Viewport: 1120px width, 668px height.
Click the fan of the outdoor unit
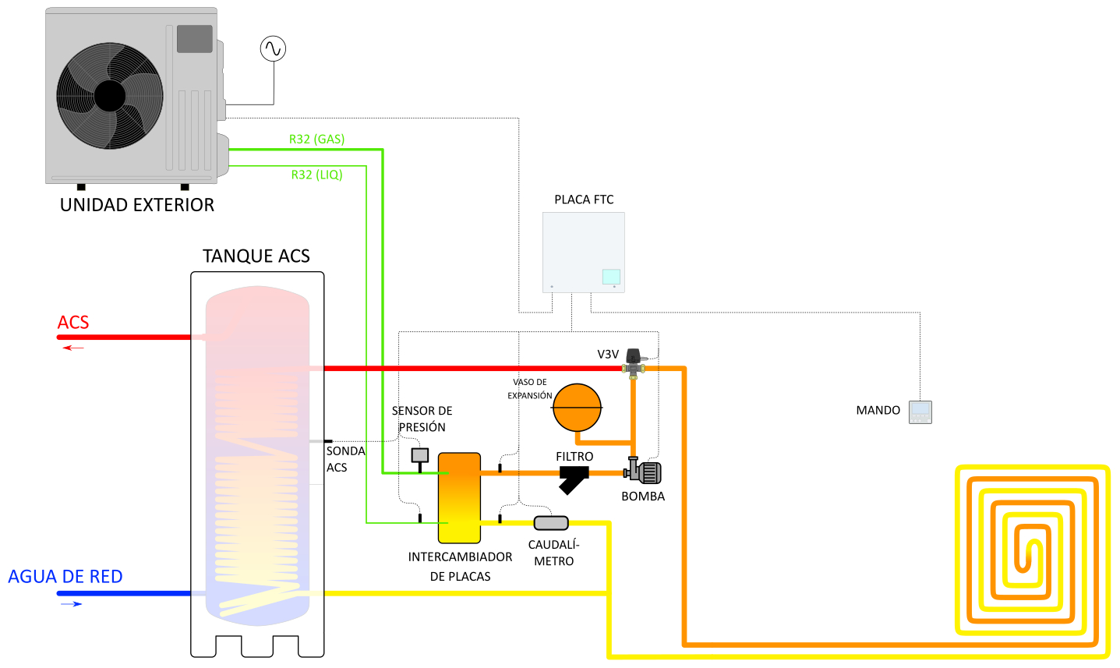click(x=110, y=96)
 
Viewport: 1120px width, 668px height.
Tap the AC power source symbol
click(x=273, y=48)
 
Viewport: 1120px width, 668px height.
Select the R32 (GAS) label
click(x=316, y=139)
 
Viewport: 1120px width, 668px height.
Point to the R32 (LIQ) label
click(x=316, y=175)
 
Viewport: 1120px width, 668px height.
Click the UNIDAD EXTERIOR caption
click(x=137, y=205)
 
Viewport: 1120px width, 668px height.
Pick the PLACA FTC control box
click(x=584, y=252)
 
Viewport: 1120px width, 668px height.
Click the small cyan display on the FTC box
click(x=611, y=276)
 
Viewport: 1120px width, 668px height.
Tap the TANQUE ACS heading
click(x=256, y=256)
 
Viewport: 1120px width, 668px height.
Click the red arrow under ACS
click(x=73, y=348)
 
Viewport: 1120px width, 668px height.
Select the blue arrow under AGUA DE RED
click(x=72, y=604)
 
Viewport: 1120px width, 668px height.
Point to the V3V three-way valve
click(x=635, y=362)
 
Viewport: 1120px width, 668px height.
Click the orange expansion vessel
click(x=578, y=407)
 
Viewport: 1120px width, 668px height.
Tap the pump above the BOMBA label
click(x=644, y=472)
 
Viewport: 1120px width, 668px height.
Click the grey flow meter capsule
click(x=551, y=523)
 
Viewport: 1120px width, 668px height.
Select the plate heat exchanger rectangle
click(x=459, y=498)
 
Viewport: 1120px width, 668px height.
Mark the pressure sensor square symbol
click(x=419, y=456)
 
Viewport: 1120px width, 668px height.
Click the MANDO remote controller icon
click(x=920, y=412)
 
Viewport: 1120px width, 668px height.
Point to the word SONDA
click(x=345, y=451)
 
